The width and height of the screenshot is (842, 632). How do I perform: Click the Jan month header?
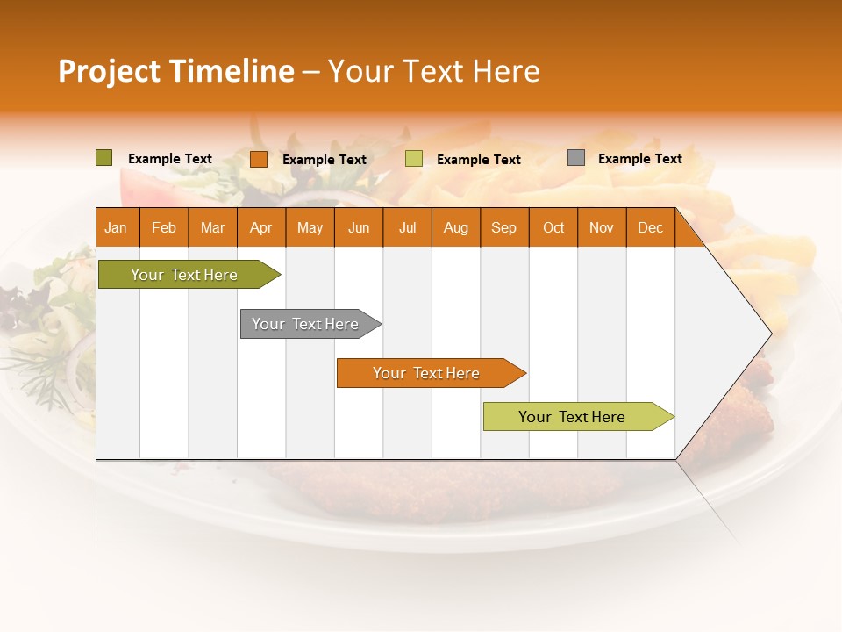pyautogui.click(x=116, y=227)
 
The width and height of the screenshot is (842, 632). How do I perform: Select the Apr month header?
pyautogui.click(x=260, y=227)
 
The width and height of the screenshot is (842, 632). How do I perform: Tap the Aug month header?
pyautogui.click(x=455, y=227)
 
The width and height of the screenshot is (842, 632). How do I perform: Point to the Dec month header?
pyautogui.click(x=650, y=227)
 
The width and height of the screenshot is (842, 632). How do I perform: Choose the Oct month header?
pyautogui.click(x=553, y=227)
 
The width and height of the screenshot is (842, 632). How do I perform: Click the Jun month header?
pyautogui.click(x=358, y=227)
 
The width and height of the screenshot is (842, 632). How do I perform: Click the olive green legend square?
pyautogui.click(x=103, y=158)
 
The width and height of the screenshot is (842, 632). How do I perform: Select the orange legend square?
pyautogui.click(x=258, y=159)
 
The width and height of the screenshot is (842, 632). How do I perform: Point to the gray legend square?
pyautogui.click(x=576, y=158)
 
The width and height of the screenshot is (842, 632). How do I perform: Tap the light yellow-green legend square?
pyautogui.click(x=414, y=159)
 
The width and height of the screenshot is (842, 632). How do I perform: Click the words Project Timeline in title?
pyautogui.click(x=175, y=71)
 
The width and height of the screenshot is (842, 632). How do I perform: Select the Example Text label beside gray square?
pyautogui.click(x=639, y=159)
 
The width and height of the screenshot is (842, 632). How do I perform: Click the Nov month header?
pyautogui.click(x=602, y=227)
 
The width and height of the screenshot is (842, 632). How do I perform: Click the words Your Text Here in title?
pyautogui.click(x=433, y=71)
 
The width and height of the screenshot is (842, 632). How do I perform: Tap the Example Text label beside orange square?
pyautogui.click(x=324, y=160)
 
